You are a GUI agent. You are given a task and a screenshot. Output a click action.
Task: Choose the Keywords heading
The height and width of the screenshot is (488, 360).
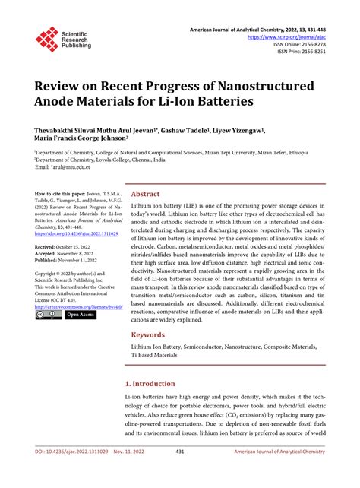(148, 334)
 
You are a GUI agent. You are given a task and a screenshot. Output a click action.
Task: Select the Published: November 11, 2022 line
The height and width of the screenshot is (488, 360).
(72, 260)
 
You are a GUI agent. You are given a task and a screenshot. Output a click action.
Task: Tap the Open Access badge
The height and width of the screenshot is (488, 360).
(81, 314)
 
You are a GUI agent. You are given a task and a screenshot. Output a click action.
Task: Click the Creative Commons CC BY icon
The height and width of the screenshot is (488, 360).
(48, 314)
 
